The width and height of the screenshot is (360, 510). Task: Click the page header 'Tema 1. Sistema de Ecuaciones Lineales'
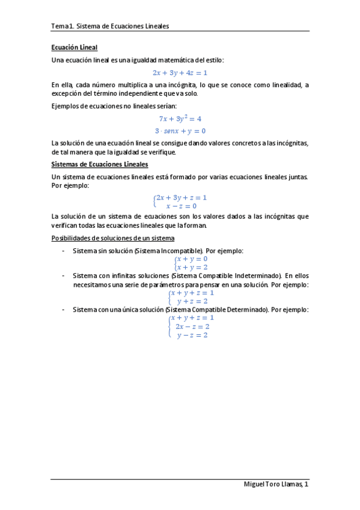110,26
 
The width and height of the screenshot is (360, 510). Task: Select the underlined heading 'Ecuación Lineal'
75,47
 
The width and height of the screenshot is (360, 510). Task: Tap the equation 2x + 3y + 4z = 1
180,73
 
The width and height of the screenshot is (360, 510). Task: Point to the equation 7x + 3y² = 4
180,118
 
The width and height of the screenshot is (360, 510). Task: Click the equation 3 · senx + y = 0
180,131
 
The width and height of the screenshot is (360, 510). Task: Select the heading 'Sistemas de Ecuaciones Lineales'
100,164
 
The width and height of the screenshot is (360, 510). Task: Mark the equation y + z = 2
192,301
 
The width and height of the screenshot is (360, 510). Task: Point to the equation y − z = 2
192,335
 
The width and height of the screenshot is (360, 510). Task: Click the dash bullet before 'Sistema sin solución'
63,250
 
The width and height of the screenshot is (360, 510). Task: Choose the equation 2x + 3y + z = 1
182,197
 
